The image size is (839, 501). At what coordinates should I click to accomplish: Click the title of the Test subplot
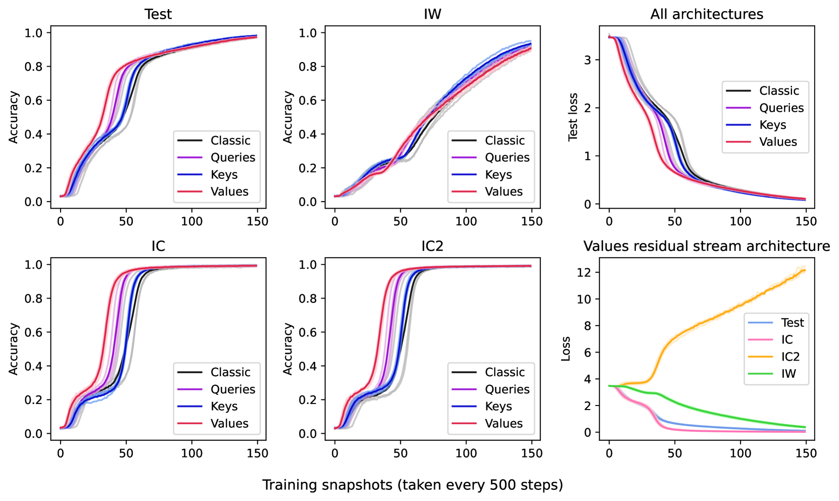[x=158, y=14]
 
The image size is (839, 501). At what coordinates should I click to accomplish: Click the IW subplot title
[x=432, y=14]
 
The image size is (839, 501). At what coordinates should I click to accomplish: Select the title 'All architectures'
[x=707, y=14]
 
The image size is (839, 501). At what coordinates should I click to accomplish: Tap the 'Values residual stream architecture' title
[x=707, y=246]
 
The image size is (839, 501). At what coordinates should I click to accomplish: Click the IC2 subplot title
[x=432, y=246]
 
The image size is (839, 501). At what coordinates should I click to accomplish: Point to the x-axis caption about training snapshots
[x=412, y=485]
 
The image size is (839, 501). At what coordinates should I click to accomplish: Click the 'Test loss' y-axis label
[x=573, y=117]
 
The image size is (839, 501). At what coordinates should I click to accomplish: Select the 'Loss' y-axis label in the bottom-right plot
[x=566, y=348]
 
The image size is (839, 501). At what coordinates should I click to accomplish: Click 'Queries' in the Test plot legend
[x=232, y=158]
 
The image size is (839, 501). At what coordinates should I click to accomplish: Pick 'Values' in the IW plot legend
[x=504, y=192]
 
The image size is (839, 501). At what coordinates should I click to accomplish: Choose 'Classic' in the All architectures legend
[x=779, y=91]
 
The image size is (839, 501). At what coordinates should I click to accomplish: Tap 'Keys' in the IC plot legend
[x=224, y=407]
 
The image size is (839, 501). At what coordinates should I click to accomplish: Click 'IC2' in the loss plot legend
[x=791, y=357]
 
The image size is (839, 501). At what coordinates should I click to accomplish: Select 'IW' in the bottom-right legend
[x=788, y=374]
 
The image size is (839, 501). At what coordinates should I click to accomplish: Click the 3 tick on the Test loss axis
[x=587, y=60]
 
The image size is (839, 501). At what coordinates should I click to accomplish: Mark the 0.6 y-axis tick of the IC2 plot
[x=308, y=332]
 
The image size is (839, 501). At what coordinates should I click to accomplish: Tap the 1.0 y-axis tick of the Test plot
[x=34, y=33]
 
